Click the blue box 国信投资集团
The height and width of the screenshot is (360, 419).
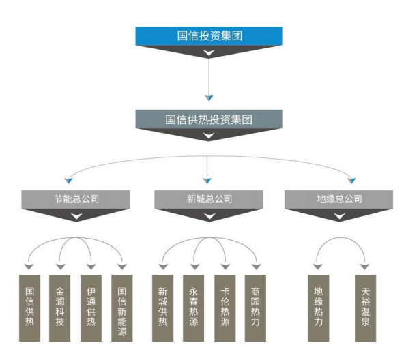click(209, 35)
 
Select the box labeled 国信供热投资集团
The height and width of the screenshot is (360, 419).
click(209, 119)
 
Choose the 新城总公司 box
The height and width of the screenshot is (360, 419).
click(209, 199)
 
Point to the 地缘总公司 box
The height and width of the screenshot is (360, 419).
click(339, 199)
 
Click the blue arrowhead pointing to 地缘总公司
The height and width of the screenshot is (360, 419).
click(352, 181)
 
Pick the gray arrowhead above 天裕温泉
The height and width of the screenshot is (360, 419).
click(365, 266)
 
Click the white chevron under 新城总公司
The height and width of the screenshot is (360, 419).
click(209, 216)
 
